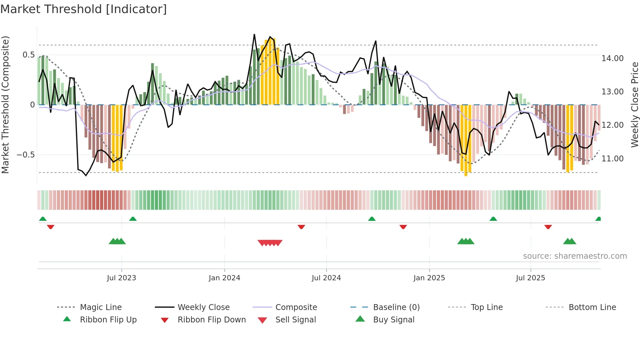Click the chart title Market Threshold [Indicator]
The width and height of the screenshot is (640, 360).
click(84, 9)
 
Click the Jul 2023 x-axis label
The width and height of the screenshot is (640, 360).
click(121, 278)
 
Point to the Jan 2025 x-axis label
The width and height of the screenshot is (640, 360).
click(429, 278)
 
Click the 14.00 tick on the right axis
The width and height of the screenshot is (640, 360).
click(612, 58)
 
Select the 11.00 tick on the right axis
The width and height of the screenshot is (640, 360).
click(612, 158)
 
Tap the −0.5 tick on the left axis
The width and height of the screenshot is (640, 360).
click(25, 155)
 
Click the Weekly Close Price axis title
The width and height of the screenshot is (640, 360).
click(634, 105)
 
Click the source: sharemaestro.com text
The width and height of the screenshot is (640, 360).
click(575, 256)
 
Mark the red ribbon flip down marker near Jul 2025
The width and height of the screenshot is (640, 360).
click(548, 227)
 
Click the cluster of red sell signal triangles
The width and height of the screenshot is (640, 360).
click(270, 243)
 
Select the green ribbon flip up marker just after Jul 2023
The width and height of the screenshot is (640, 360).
click(133, 219)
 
